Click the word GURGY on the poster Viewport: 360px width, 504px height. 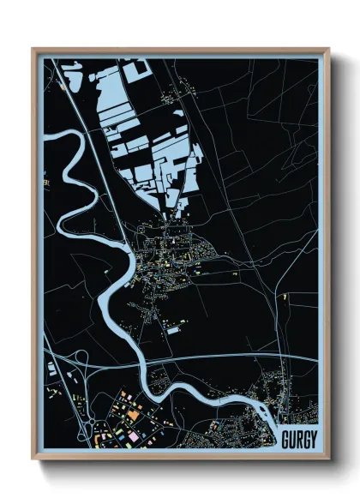coord(299,439)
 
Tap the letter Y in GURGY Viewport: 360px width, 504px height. coord(314,439)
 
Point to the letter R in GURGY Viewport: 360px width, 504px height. coord(299,439)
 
